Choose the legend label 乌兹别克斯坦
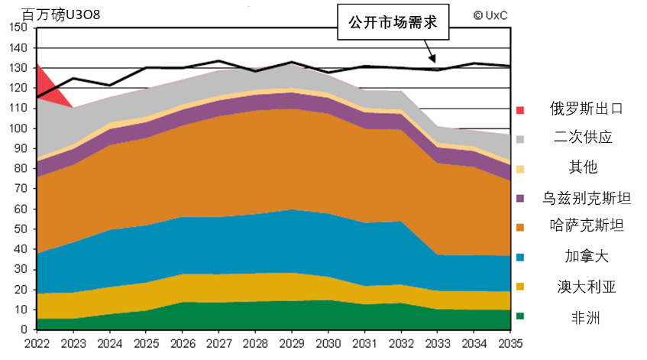[x=586, y=198]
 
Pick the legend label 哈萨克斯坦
[x=586, y=227]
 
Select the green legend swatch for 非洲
[x=521, y=316]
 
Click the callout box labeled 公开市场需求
[x=393, y=24]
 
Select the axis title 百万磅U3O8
[x=61, y=15]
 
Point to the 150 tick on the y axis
[x=21, y=28]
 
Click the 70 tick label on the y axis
[x=21, y=189]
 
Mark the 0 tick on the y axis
[x=24, y=329]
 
